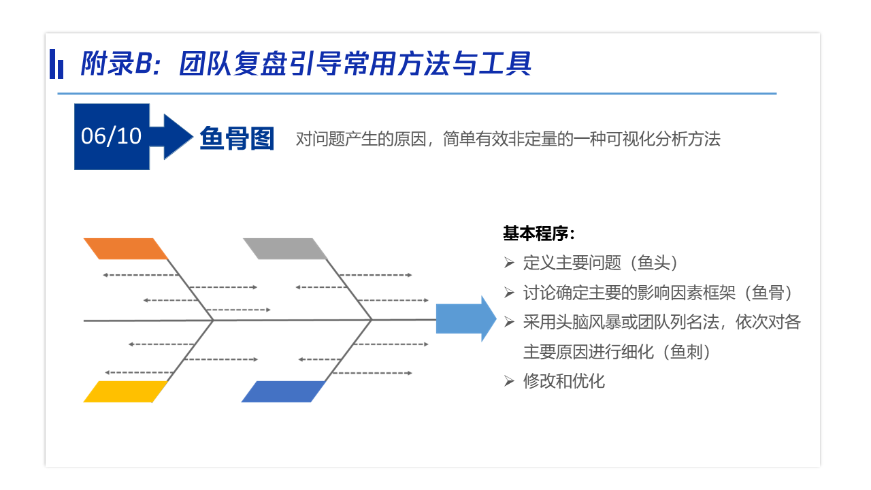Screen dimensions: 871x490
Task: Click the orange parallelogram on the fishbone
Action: click(x=126, y=249)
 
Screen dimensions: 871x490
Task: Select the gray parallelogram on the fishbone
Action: click(x=285, y=249)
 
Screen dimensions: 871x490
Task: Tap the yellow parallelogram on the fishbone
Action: click(x=126, y=391)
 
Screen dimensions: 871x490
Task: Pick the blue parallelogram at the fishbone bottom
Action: click(x=284, y=391)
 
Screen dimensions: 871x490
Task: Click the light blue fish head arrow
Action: click(x=466, y=319)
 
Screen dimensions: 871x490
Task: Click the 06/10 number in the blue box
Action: click(x=111, y=137)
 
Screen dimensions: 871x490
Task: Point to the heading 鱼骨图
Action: click(x=237, y=138)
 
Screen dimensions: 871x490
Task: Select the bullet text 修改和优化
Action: click(x=564, y=381)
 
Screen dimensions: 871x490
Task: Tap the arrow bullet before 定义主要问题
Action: click(x=509, y=263)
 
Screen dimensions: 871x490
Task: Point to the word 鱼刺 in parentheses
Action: click(x=687, y=352)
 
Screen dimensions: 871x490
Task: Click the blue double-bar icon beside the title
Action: click(x=56, y=64)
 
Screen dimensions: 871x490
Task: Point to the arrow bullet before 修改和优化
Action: click(x=509, y=381)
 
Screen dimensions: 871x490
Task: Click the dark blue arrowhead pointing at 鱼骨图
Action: click(x=178, y=137)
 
